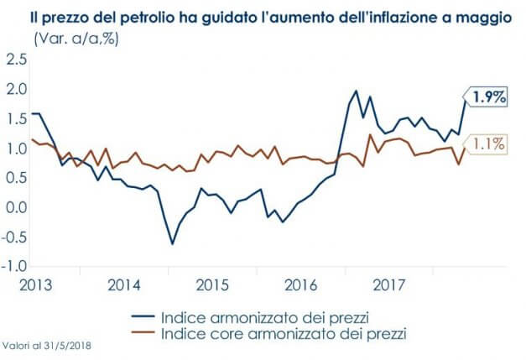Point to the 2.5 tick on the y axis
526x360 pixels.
16,59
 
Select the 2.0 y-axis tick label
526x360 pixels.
16,89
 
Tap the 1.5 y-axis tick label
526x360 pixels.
16,118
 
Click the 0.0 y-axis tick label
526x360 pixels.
16,207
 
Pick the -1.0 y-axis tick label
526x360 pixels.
14,267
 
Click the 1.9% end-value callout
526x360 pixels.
489,98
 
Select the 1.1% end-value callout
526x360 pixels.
487,143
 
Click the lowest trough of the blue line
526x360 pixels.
173,244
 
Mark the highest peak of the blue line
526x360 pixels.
356,91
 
